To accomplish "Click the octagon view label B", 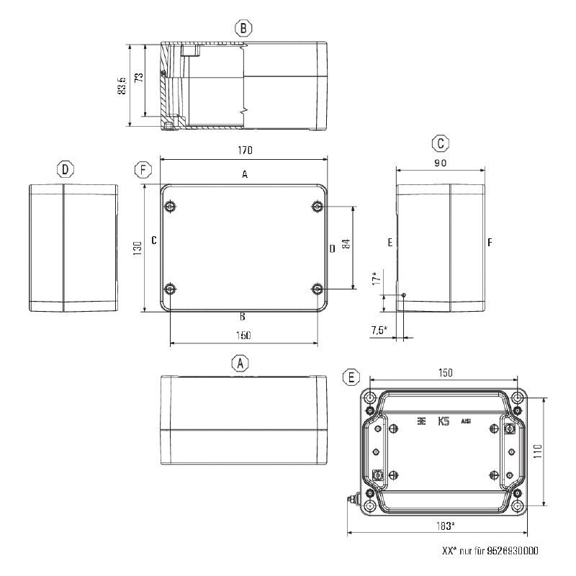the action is click(x=243, y=28).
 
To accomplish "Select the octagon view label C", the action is click(x=441, y=143).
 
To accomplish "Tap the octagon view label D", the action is click(x=66, y=170).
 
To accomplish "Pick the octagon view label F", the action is click(x=143, y=170).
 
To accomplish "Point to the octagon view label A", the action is click(x=240, y=364).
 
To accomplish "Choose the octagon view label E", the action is click(x=351, y=377).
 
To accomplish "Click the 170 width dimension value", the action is click(x=245, y=150).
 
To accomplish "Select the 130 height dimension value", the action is click(x=138, y=248).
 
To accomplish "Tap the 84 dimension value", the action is click(x=346, y=244).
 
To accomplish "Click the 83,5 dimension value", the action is click(x=122, y=86).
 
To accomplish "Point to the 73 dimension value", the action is click(x=139, y=78).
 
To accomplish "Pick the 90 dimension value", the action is click(x=441, y=163).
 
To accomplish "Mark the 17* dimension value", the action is click(x=376, y=279).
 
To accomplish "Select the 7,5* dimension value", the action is click(x=379, y=330).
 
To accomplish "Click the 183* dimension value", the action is click(x=446, y=526).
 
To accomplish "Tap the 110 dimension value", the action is click(x=537, y=451).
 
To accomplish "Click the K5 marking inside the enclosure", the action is click(x=444, y=421).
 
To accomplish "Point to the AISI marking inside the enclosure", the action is click(x=466, y=421).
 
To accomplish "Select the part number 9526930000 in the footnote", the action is click(x=513, y=550).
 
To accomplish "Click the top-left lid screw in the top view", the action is click(x=170, y=207).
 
